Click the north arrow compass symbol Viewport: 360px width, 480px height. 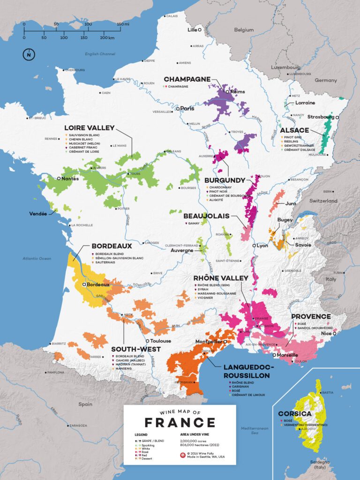tap(29, 54)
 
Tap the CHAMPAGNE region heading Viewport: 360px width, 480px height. tap(187, 79)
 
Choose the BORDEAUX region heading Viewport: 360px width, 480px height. tap(112, 246)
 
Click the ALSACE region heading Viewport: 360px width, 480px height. tap(295, 130)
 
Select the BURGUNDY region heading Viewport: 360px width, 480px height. tap(225, 180)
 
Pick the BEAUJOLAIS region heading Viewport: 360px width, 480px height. tap(207, 216)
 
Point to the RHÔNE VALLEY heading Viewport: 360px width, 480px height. tap(221, 278)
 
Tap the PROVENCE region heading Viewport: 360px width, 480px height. tap(311, 316)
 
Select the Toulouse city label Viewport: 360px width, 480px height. tap(161, 341)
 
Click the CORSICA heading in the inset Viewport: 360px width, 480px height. tap(294, 414)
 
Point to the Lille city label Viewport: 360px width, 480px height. tap(192, 30)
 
